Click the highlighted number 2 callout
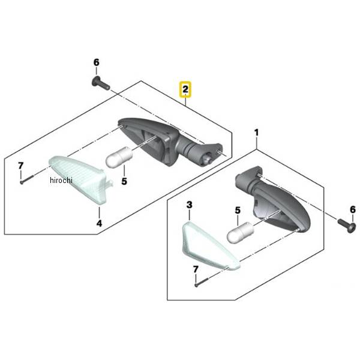click(x=185, y=89)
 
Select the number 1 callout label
click(x=256, y=133)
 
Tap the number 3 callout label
click(x=189, y=205)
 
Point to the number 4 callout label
click(x=99, y=223)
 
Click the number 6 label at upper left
click(x=97, y=62)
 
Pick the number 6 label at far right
click(x=353, y=209)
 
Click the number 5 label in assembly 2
click(x=124, y=181)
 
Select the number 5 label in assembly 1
click(x=238, y=211)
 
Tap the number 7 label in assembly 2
click(x=20, y=166)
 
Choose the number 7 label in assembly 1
click(x=196, y=269)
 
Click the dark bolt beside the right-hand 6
click(x=347, y=225)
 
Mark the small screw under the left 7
click(x=26, y=179)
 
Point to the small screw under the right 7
click(x=201, y=282)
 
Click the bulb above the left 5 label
click(x=119, y=157)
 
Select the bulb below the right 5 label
click(x=240, y=232)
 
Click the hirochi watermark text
click(x=61, y=180)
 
